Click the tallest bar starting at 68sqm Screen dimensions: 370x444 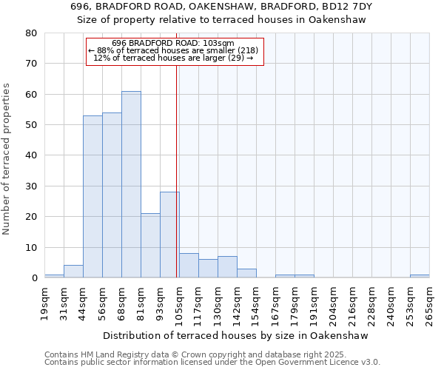point(131,185)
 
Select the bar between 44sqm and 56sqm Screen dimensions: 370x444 point(92,197)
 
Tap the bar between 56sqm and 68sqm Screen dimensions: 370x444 point(112,195)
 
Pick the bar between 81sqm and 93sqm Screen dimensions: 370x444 point(150,246)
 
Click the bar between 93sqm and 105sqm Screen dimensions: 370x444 point(169,235)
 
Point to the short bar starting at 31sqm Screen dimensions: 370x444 point(73,272)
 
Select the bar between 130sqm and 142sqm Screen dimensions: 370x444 point(227,267)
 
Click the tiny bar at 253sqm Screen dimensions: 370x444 point(420,276)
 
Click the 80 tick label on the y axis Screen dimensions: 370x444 point(31,33)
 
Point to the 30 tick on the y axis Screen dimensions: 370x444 point(31,186)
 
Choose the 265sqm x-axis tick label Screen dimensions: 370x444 point(430,302)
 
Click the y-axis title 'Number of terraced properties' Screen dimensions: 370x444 point(7,158)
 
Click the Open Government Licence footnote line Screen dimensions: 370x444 point(212,363)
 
